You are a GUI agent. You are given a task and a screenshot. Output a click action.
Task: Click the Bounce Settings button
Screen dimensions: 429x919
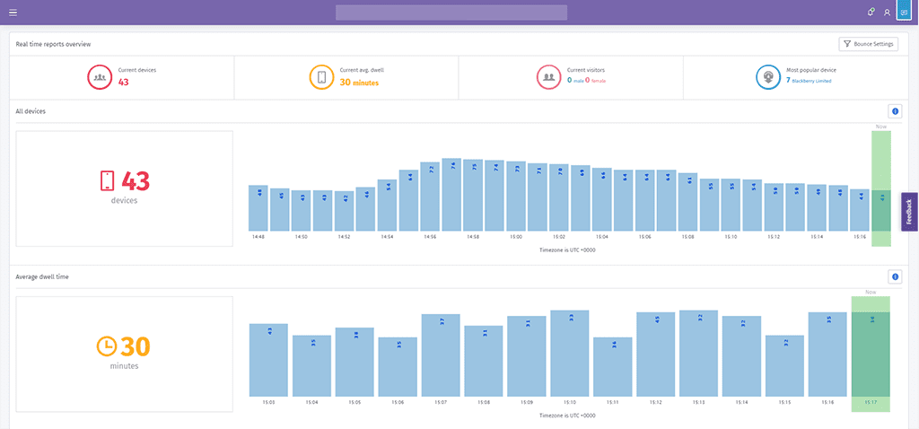[x=868, y=44]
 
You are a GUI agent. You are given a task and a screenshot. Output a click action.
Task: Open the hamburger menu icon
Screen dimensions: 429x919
[x=13, y=13]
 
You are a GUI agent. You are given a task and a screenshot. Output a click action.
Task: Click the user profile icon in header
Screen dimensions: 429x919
[x=887, y=13]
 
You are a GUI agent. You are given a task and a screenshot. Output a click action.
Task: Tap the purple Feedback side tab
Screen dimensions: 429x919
[x=909, y=212]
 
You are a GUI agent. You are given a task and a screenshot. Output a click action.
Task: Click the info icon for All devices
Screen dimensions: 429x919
[x=894, y=111]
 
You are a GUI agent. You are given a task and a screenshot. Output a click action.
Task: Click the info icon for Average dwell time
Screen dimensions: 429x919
[x=894, y=277]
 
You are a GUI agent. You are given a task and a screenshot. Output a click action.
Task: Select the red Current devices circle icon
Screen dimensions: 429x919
[x=100, y=77]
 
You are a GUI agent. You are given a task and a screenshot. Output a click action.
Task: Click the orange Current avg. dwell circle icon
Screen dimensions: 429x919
[x=321, y=77]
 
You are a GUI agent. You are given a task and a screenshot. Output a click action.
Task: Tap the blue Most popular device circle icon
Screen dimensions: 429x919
[x=768, y=77]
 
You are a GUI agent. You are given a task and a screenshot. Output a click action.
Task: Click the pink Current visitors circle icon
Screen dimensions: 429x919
[x=548, y=77]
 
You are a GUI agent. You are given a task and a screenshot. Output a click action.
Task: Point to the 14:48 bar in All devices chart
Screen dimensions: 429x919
[x=258, y=207]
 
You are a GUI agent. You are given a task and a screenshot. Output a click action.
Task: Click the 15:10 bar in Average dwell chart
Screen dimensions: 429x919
[x=570, y=354]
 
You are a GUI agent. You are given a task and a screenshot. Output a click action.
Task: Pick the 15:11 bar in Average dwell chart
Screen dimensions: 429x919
[x=613, y=367]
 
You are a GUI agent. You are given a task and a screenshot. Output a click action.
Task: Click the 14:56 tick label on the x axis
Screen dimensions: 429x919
[x=430, y=237]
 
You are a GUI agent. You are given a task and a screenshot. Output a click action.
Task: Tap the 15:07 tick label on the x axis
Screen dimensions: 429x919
[x=441, y=403]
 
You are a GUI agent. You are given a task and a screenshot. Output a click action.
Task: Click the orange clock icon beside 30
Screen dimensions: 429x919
[x=107, y=346]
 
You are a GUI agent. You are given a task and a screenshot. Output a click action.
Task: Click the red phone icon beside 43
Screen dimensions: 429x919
[x=107, y=181]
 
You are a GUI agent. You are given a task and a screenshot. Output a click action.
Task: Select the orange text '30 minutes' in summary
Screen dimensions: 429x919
[x=359, y=83]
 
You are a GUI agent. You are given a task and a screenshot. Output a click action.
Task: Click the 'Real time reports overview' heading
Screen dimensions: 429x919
[x=53, y=44]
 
